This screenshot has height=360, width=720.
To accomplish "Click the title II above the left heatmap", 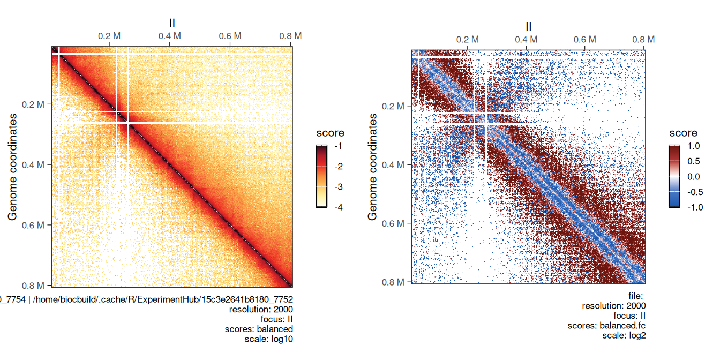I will click(172, 22).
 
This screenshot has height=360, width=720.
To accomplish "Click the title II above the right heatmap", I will click(529, 27).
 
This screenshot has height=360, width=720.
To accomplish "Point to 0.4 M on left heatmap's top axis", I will click(170, 36).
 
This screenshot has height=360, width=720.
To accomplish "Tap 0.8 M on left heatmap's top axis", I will click(290, 36).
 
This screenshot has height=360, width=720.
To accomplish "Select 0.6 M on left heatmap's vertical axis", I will click(37, 225).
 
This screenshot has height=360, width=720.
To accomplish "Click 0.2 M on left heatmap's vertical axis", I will click(37, 104).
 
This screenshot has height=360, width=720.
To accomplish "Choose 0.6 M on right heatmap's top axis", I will click(585, 40).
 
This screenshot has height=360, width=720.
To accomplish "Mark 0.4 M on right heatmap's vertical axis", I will click(397, 164).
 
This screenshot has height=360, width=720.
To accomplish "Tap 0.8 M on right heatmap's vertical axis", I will click(397, 282).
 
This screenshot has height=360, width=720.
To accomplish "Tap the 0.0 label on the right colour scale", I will click(694, 177).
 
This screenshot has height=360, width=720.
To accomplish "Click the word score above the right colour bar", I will click(683, 133).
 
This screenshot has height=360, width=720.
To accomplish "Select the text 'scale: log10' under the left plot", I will click(268, 339).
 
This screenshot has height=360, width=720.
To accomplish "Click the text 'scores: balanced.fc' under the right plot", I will click(606, 326).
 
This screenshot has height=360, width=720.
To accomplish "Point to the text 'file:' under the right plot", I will click(635, 296).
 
